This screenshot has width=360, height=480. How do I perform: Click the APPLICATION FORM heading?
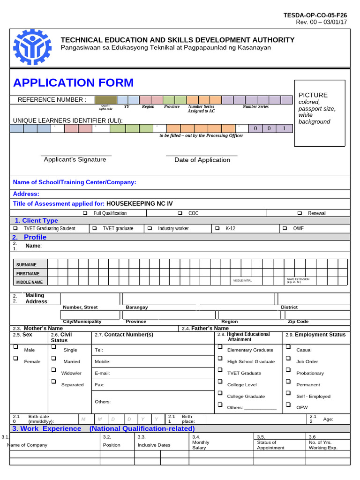[x=73, y=83]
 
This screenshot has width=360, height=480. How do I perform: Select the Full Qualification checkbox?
[x=85, y=213]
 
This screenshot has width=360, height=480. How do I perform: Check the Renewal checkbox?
[x=300, y=213]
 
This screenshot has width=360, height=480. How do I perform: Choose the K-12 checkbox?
[x=217, y=228]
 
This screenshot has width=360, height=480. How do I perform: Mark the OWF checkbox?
[x=285, y=228]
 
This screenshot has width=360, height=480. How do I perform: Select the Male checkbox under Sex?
[x=15, y=347]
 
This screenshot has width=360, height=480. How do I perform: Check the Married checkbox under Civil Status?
[x=53, y=359]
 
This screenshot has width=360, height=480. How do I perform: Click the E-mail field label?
[x=102, y=373]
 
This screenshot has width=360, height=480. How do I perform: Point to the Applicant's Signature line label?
[x=75, y=159]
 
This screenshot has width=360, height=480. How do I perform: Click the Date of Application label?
[x=202, y=160]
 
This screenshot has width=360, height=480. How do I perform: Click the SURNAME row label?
[x=26, y=265]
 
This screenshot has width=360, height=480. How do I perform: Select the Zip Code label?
[x=298, y=322]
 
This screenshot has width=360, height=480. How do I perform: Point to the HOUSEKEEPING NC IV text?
[x=139, y=203]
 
